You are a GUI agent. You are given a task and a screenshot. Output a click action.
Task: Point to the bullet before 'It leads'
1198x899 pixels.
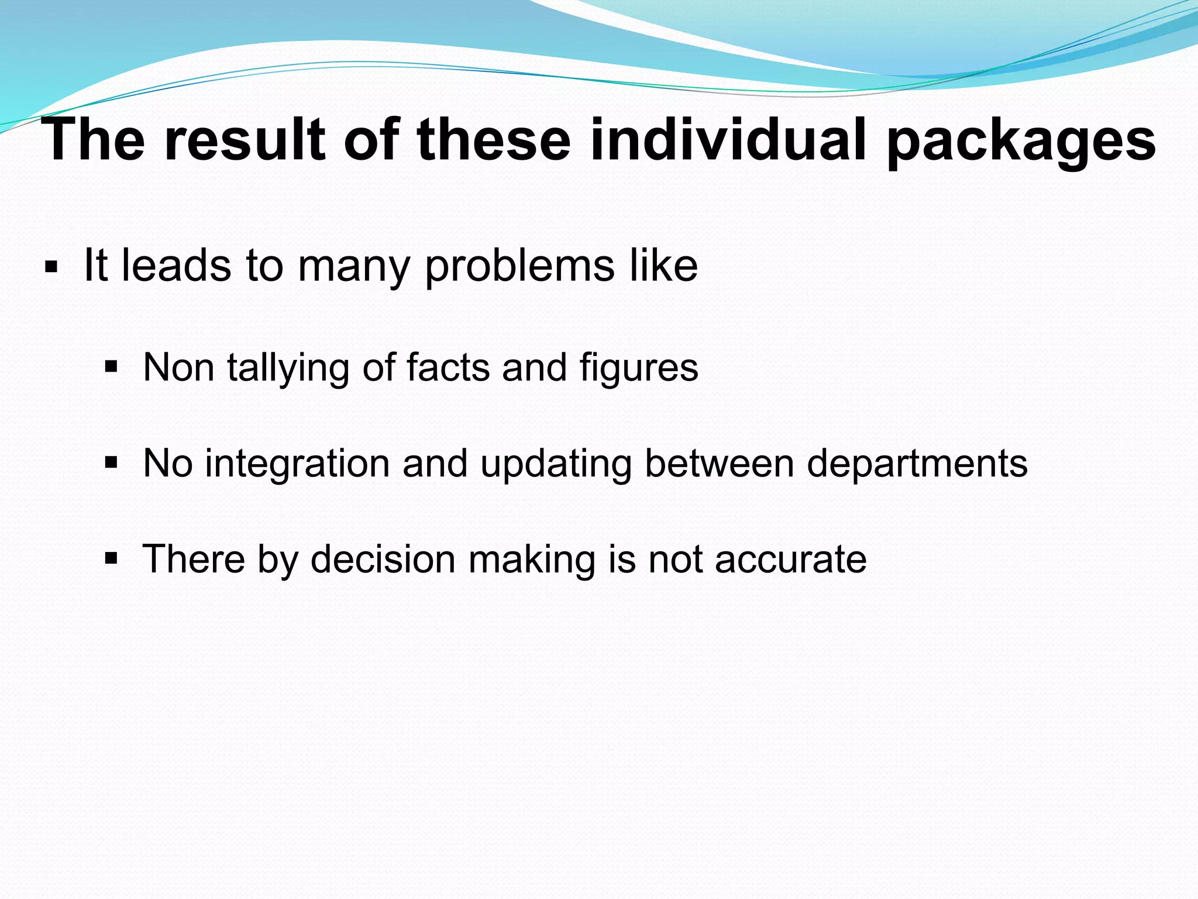point(51,268)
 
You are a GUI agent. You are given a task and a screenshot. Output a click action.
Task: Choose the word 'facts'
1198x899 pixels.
point(447,368)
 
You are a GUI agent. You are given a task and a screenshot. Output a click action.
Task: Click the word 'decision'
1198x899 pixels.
point(383,559)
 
